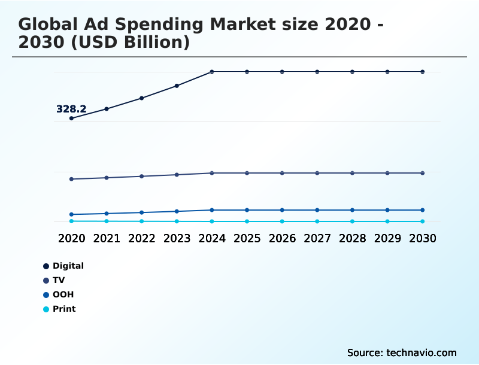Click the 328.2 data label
(71, 109)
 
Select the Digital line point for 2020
(71, 118)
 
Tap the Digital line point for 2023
(177, 86)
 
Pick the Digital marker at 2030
(423, 72)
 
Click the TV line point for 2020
(71, 179)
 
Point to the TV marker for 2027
(317, 173)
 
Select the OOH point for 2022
(142, 212)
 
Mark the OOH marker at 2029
(387, 210)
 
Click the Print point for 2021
(107, 221)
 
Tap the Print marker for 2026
(282, 221)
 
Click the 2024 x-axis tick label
(212, 238)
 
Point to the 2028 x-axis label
(352, 238)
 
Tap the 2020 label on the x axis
(71, 238)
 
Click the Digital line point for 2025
(247, 72)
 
